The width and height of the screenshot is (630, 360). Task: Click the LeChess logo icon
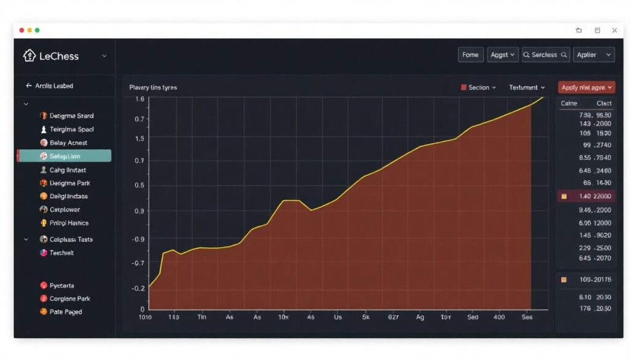pyautogui.click(x=29, y=55)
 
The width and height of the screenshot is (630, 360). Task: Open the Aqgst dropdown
pyautogui.click(x=503, y=55)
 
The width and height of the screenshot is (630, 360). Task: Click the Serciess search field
pyautogui.click(x=546, y=55)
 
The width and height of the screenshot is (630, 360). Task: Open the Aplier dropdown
pyautogui.click(x=594, y=55)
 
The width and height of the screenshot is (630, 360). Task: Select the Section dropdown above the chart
pyautogui.click(x=479, y=87)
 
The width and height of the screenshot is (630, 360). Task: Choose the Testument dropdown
pyautogui.click(x=527, y=87)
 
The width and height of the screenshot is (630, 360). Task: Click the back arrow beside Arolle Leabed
pyautogui.click(x=28, y=86)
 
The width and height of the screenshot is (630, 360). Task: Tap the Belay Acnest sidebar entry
pyautogui.click(x=68, y=143)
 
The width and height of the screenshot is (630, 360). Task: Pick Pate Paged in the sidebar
pyautogui.click(x=65, y=312)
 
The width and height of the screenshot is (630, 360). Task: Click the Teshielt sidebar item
pyautogui.click(x=61, y=253)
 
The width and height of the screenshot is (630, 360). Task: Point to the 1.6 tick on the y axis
pyautogui.click(x=140, y=99)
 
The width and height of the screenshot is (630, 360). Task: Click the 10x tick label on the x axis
pyautogui.click(x=284, y=318)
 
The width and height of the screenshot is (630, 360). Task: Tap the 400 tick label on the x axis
pyautogui.click(x=499, y=318)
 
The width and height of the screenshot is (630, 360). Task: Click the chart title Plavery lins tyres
pyautogui.click(x=153, y=87)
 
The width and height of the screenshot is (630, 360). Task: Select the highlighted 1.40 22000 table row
pyautogui.click(x=586, y=196)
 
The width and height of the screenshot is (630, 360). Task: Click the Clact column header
pyautogui.click(x=604, y=104)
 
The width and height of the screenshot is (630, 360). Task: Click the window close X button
pyautogui.click(x=614, y=30)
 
